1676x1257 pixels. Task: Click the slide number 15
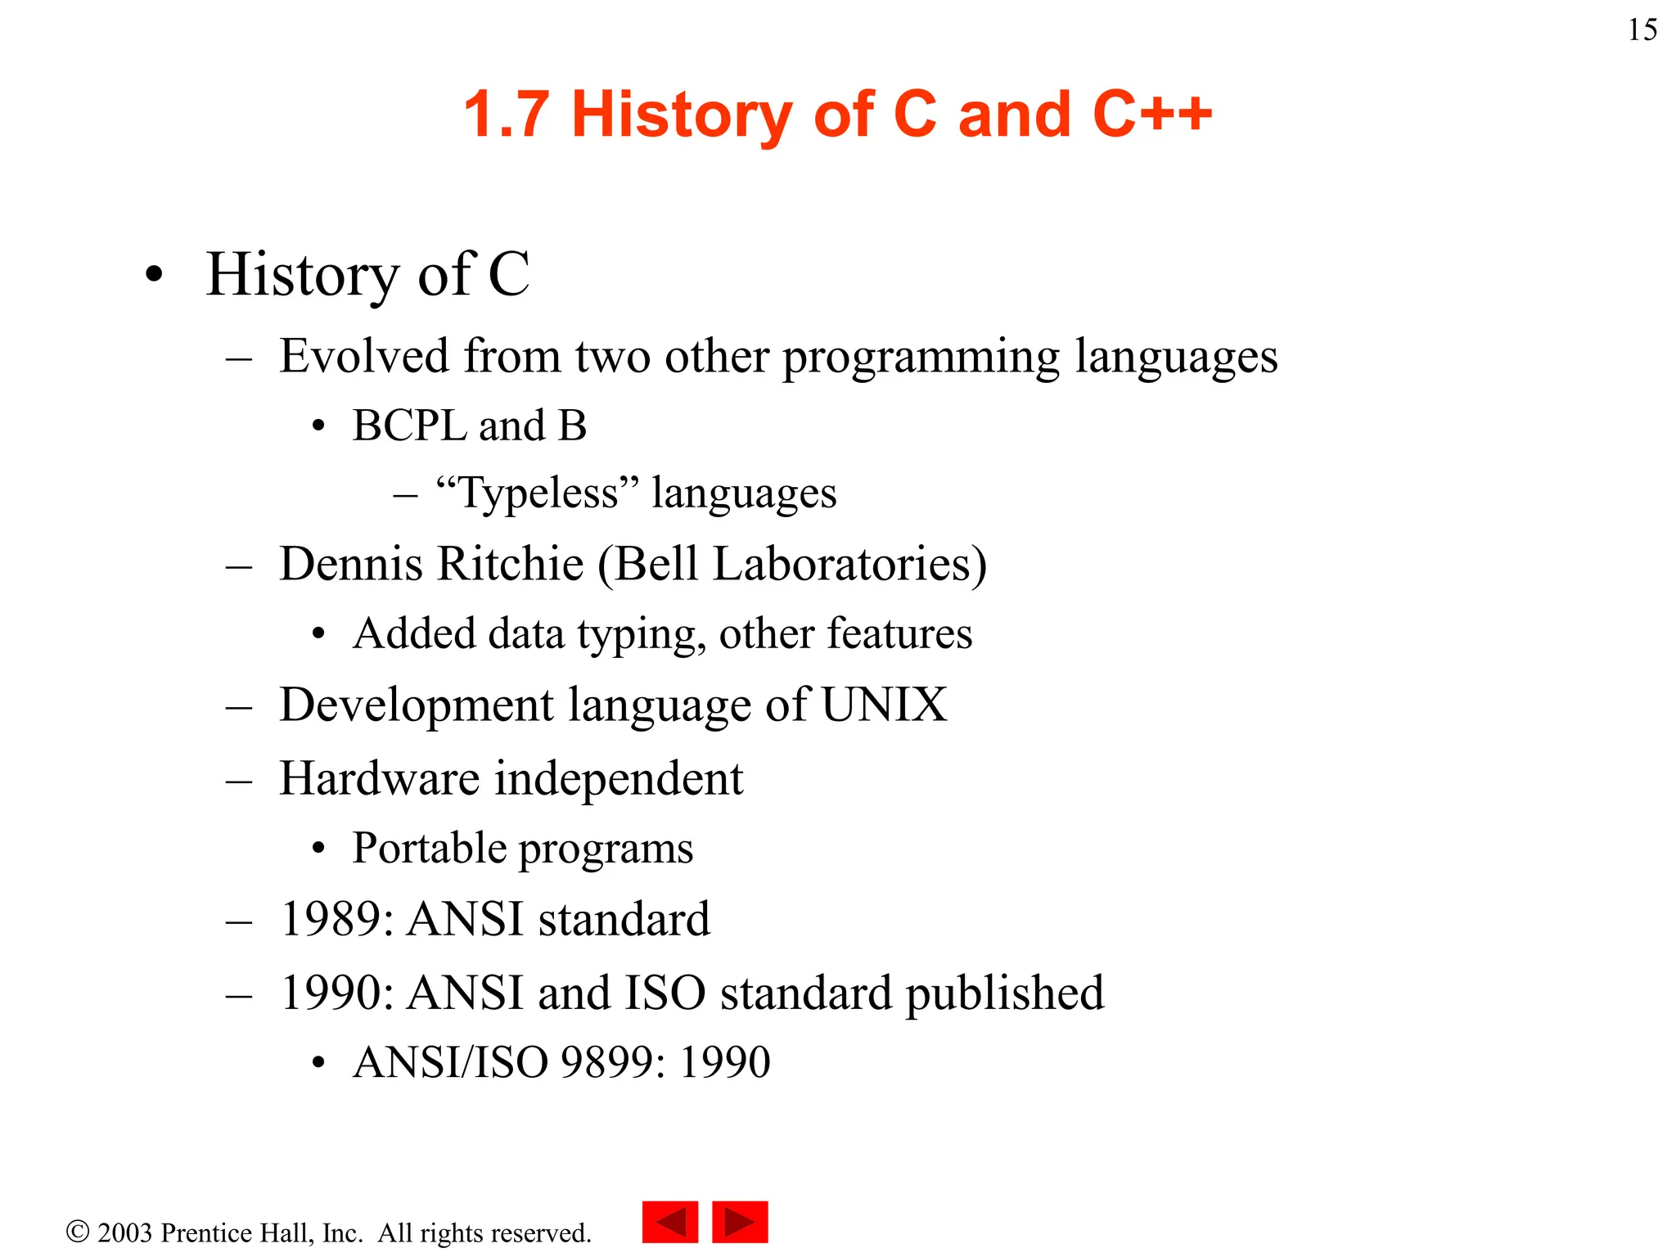click(1642, 30)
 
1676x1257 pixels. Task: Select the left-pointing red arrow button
click(670, 1222)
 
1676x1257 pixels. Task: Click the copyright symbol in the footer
click(78, 1232)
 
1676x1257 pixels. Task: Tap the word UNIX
click(884, 705)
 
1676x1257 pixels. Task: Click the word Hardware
click(379, 778)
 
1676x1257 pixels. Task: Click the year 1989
click(330, 919)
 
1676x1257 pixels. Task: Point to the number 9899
click(607, 1062)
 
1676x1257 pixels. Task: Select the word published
click(1004, 994)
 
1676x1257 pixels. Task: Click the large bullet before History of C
click(154, 276)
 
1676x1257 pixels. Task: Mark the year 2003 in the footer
click(124, 1232)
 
